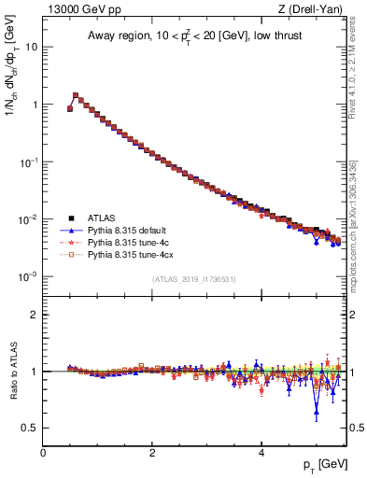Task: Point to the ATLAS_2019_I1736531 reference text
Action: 193,279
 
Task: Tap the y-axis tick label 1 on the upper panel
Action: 35,105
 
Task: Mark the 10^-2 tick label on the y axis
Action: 29,219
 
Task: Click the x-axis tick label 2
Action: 152,452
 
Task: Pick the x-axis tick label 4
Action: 261,452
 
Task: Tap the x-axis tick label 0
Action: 43,452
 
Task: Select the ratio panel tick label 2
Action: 35,315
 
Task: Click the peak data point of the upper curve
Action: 76,94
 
